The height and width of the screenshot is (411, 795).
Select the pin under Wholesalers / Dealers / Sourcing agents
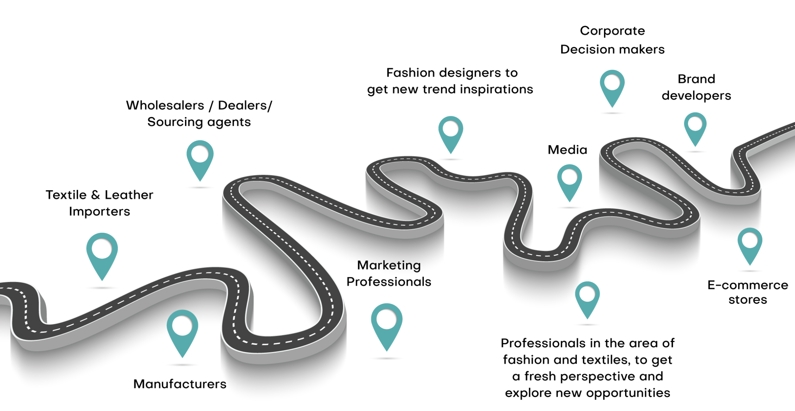click(200, 158)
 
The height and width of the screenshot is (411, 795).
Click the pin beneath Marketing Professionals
click(387, 324)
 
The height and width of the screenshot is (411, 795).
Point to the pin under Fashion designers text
click(451, 133)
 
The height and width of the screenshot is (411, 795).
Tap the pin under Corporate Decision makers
click(612, 86)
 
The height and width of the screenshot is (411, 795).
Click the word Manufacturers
click(180, 384)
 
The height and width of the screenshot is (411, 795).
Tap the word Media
click(567, 150)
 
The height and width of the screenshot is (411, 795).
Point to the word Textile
click(66, 195)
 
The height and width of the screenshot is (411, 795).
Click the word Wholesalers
click(165, 105)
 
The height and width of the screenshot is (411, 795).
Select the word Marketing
click(389, 265)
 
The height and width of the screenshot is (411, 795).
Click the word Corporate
click(612, 31)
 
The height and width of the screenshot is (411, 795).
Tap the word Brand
click(696, 79)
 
